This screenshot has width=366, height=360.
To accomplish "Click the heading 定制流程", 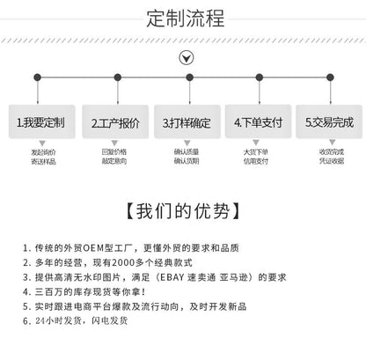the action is tap(186, 18).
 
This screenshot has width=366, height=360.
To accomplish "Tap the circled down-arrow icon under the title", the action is tap(187, 58).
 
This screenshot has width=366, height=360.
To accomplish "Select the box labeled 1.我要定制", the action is tap(41, 121).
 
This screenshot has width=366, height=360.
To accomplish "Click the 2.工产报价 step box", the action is tap(115, 121).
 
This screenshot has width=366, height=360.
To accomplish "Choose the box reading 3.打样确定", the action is tap(187, 121).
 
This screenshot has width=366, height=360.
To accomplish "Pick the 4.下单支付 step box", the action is tap(258, 121).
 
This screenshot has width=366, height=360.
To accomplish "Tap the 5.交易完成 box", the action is tap(329, 121).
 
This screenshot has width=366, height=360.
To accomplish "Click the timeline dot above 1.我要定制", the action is tap(37, 77).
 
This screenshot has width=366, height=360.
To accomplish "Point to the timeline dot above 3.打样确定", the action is tap(189, 77).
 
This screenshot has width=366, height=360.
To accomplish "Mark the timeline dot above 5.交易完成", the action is tap(330, 77).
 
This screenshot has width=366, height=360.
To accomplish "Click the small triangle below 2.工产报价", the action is tap(114, 143).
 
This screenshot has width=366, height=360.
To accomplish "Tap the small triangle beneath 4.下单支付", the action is tap(256, 143).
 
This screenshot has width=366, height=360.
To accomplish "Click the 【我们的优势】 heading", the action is tap(182, 210).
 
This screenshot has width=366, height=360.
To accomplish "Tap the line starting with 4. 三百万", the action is tap(84, 292).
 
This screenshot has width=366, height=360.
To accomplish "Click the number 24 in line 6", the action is tap(40, 320).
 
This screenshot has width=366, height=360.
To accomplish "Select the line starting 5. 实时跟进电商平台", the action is tap(135, 306).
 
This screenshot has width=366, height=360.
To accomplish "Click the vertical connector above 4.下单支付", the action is tap(260, 92).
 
